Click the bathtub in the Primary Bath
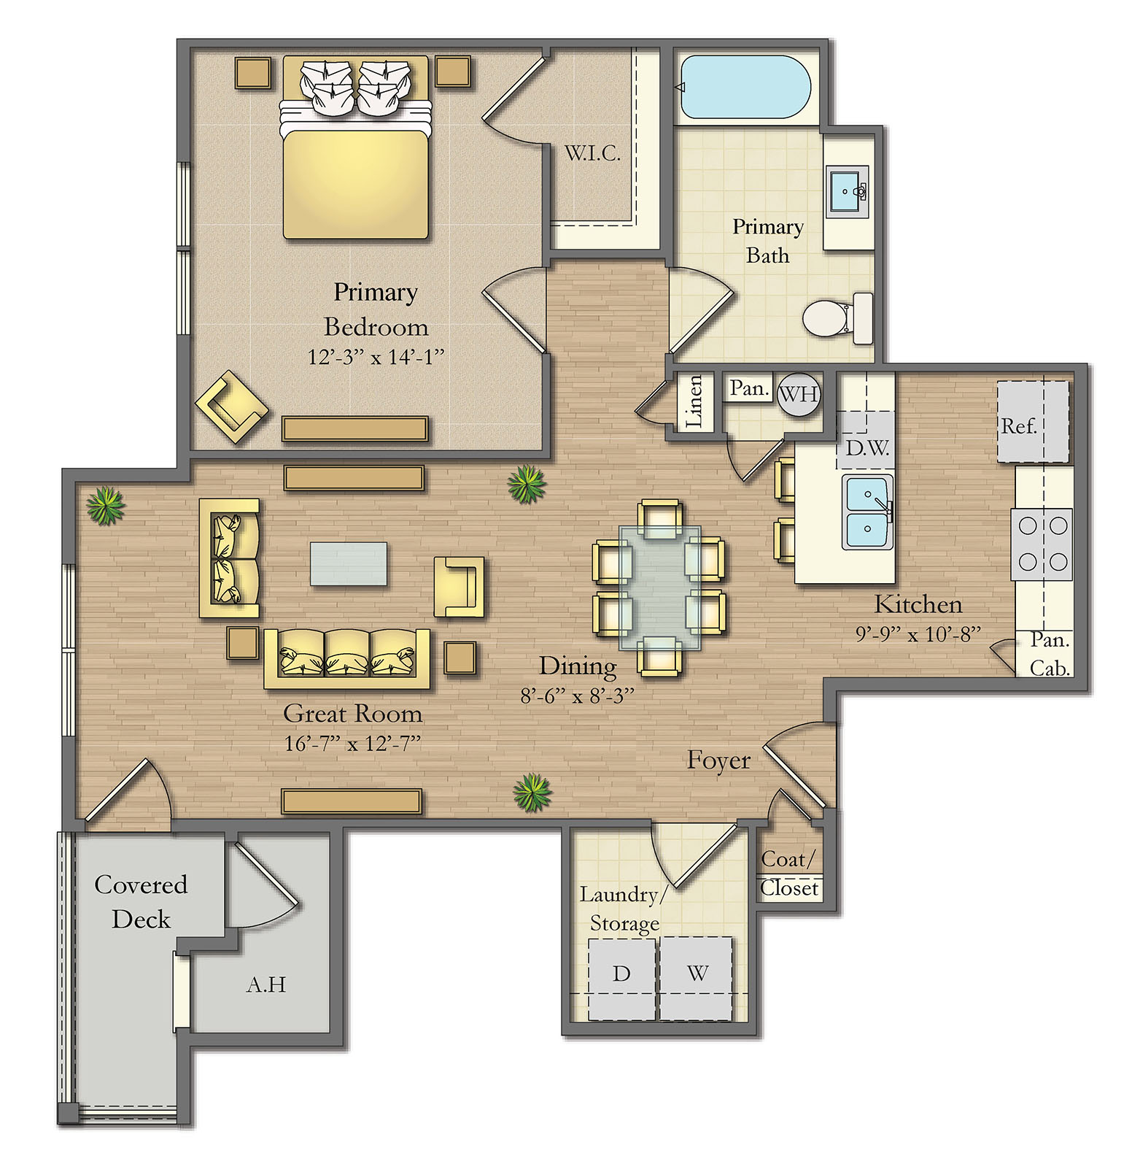coord(745,87)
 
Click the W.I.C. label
coord(592,153)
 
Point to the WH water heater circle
coord(799,394)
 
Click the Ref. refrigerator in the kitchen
coord(1033,422)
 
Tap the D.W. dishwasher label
coord(867,447)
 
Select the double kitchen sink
coord(867,512)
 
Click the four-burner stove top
coord(1042,544)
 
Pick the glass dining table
coord(660,587)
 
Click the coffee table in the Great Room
coord(349,563)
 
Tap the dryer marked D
coord(622,979)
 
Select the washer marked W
coord(697,979)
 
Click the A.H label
coord(266,984)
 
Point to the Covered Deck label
coord(141,901)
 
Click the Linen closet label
coord(694,401)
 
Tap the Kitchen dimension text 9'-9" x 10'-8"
coord(918,633)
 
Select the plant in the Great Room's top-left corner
coord(106,506)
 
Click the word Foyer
coord(718,761)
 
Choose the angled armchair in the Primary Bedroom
coord(231,407)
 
